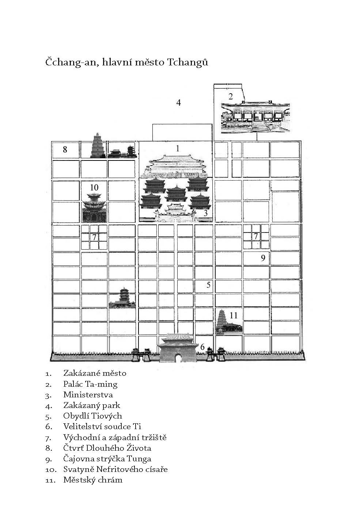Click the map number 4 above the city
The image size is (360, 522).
click(178, 102)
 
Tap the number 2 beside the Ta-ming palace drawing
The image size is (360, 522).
click(231, 96)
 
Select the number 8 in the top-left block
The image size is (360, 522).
click(65, 150)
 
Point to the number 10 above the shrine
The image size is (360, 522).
click(94, 188)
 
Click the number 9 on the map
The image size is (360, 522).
click(263, 258)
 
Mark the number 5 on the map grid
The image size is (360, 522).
click(209, 284)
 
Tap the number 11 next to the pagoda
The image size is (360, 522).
click(234, 315)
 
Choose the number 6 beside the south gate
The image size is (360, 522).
click(202, 347)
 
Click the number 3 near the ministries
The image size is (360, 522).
click(205, 213)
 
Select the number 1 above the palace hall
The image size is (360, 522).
click(178, 148)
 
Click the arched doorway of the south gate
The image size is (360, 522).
click(178, 358)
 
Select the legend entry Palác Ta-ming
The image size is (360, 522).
click(90, 384)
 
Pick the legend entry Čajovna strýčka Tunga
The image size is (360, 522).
click(107, 459)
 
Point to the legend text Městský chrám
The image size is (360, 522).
click(93, 480)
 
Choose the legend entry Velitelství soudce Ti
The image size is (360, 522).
click(102, 427)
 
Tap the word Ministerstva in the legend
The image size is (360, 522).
click(88, 395)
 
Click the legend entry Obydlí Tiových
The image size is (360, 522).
click(93, 416)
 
